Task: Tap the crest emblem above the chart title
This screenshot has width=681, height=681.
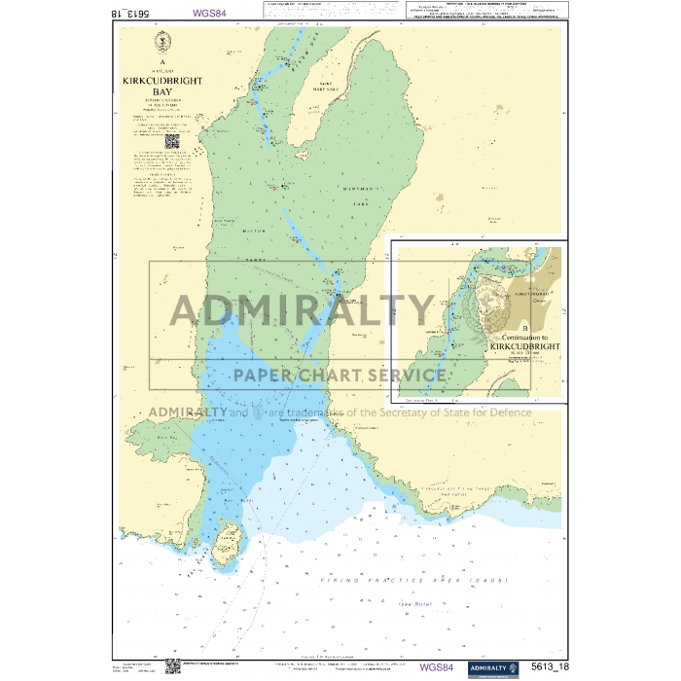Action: click(161, 43)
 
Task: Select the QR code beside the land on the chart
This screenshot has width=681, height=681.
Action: click(172, 140)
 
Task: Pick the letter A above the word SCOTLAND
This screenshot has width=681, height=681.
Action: click(161, 60)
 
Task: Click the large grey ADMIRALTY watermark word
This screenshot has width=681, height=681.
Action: click(302, 309)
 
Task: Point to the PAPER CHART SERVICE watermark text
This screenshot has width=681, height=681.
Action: click(340, 375)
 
